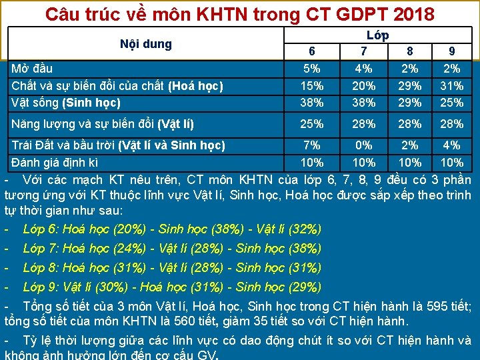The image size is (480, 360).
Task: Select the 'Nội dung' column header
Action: click(x=146, y=44)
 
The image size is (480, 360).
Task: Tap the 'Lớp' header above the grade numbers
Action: click(x=377, y=35)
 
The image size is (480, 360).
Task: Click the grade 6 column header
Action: click(x=312, y=51)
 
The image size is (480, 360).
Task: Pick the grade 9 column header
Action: click(x=451, y=51)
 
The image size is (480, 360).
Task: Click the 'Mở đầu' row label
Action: click(x=32, y=68)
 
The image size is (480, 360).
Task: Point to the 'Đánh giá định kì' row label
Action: click(x=55, y=162)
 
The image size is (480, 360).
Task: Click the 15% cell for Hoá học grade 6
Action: click(x=312, y=85)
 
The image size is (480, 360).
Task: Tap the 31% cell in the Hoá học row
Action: click(x=451, y=85)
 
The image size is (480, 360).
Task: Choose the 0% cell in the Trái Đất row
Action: click(x=363, y=145)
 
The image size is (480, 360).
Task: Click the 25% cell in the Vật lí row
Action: click(x=312, y=123)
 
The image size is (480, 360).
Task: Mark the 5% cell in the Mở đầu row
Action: click(x=312, y=68)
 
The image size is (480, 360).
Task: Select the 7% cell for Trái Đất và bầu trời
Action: click(x=312, y=145)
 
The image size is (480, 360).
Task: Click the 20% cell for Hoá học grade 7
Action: click(x=363, y=85)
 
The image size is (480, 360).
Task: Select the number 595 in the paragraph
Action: click(x=437, y=307)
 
